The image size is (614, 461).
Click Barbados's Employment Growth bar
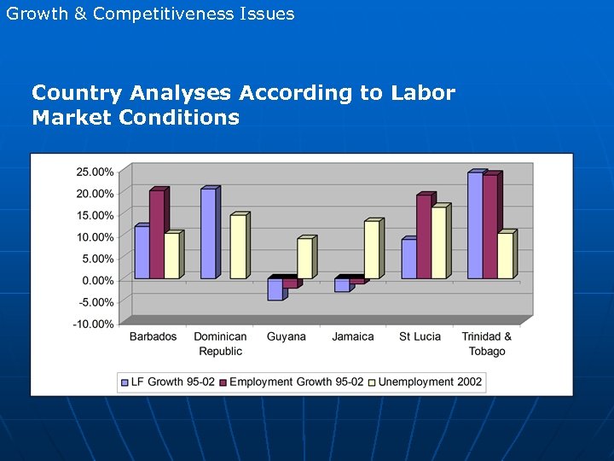pos(156,234)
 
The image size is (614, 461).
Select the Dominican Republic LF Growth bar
pos(208,234)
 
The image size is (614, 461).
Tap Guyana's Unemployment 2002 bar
pos(304,258)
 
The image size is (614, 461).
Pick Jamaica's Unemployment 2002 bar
pos(371,249)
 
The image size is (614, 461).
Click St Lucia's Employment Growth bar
pos(424,236)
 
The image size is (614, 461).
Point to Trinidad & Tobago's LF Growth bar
pos(474,225)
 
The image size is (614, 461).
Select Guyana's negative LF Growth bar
pos(275,289)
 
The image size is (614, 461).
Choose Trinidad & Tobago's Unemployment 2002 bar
pos(505,255)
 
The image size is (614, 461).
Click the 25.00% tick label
pos(95,172)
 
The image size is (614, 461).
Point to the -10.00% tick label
pos(94,324)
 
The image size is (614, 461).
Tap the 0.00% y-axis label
pos(97,280)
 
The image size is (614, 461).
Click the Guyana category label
pos(286,336)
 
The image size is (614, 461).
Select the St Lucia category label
pos(420,336)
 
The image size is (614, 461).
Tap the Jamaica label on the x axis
pos(353,336)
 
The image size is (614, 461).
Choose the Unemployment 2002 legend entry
pos(430,382)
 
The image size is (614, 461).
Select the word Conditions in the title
pos(179,117)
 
